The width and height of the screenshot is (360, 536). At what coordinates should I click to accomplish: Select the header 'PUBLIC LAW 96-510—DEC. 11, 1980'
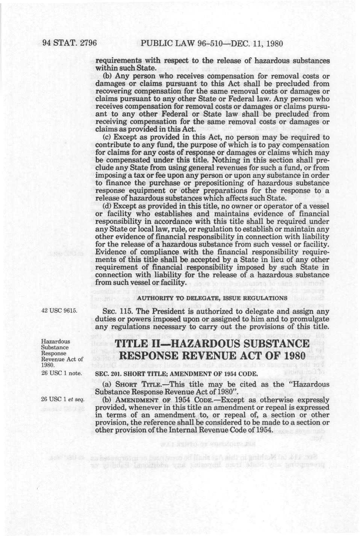tap(212, 43)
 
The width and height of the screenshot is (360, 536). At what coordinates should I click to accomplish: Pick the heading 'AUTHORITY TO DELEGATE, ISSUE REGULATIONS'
tap(212, 298)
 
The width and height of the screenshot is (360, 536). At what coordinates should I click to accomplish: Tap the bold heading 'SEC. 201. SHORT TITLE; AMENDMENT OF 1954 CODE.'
tap(176, 374)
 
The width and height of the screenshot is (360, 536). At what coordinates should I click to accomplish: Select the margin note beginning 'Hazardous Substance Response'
tap(62, 353)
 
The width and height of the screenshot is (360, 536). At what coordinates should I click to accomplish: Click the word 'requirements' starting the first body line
tap(118, 61)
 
